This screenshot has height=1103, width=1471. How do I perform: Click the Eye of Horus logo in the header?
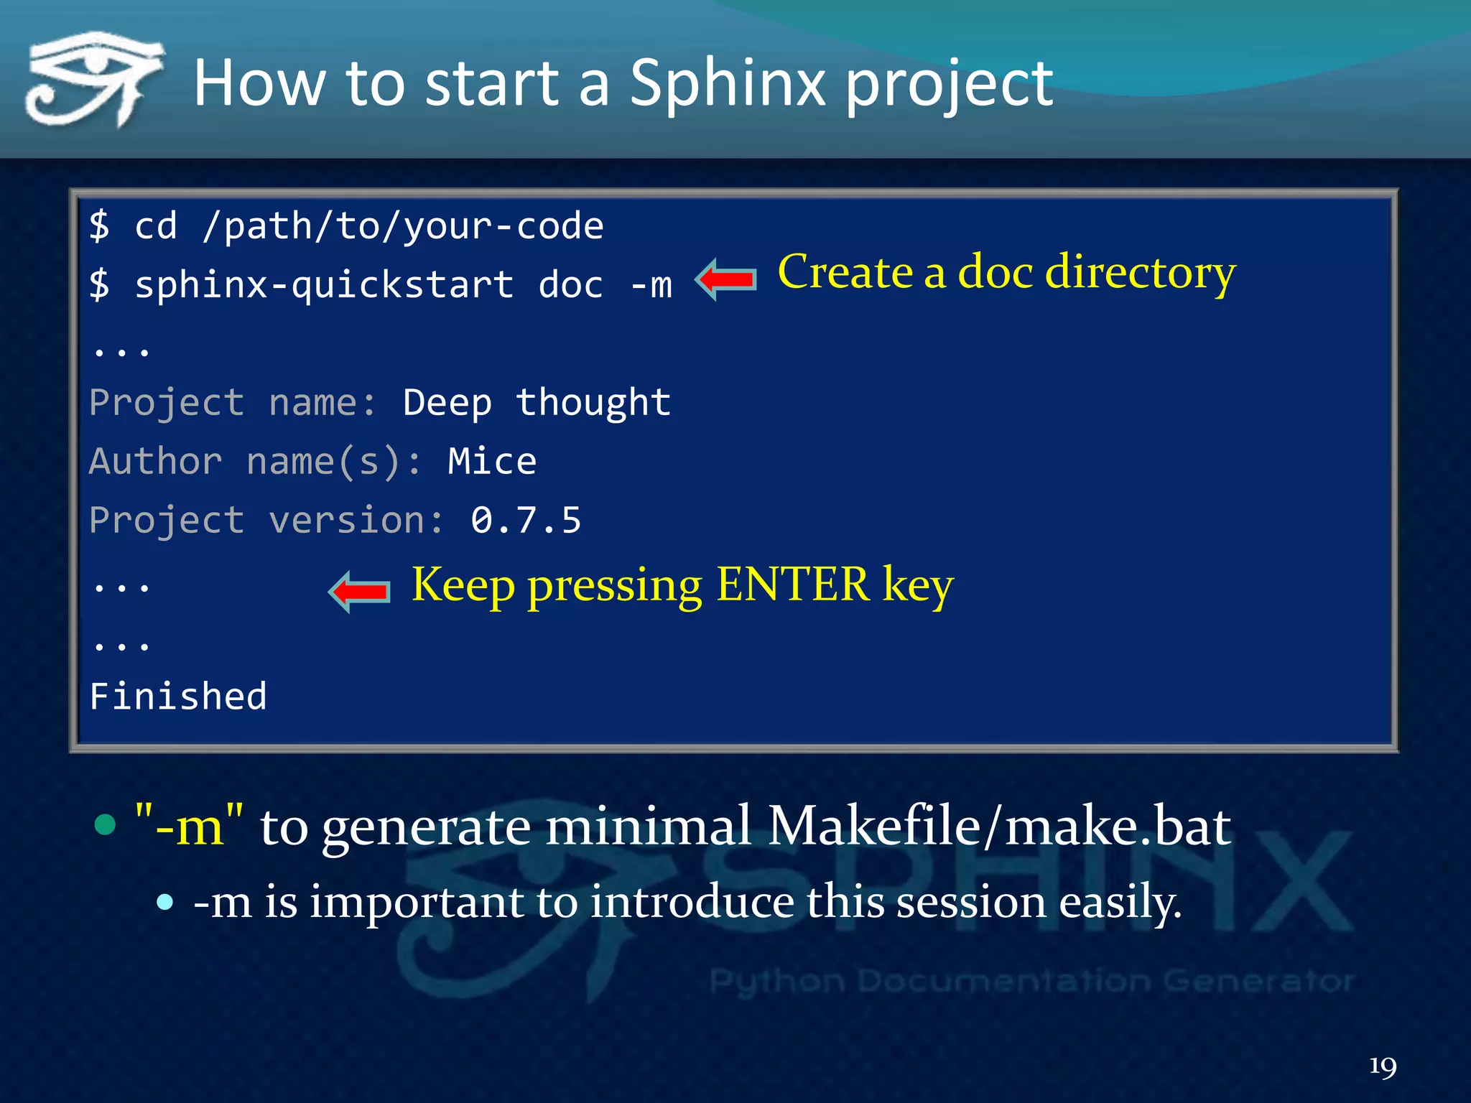click(93, 79)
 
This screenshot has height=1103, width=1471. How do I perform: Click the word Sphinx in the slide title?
click(728, 84)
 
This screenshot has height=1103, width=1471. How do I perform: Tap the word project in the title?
click(949, 86)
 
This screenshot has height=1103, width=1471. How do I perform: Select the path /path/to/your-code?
click(403, 227)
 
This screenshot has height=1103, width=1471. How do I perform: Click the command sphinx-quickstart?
click(324, 285)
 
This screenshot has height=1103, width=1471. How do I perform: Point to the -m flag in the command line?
click(651, 285)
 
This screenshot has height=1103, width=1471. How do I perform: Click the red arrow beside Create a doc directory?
click(726, 279)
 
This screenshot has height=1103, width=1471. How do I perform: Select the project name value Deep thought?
click(537, 403)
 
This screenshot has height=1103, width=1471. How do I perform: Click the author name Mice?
click(492, 461)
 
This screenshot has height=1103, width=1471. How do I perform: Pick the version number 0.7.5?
click(526, 520)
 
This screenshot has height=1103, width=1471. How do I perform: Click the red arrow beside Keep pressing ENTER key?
click(359, 591)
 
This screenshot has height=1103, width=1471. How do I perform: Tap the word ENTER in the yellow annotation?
click(793, 585)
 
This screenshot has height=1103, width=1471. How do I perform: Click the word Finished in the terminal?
click(178, 697)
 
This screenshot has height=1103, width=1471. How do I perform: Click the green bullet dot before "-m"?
click(106, 824)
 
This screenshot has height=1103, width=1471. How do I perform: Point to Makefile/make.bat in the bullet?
click(999, 827)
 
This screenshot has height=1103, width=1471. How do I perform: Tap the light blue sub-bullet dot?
click(165, 902)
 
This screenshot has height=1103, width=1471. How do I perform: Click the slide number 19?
click(1383, 1066)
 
